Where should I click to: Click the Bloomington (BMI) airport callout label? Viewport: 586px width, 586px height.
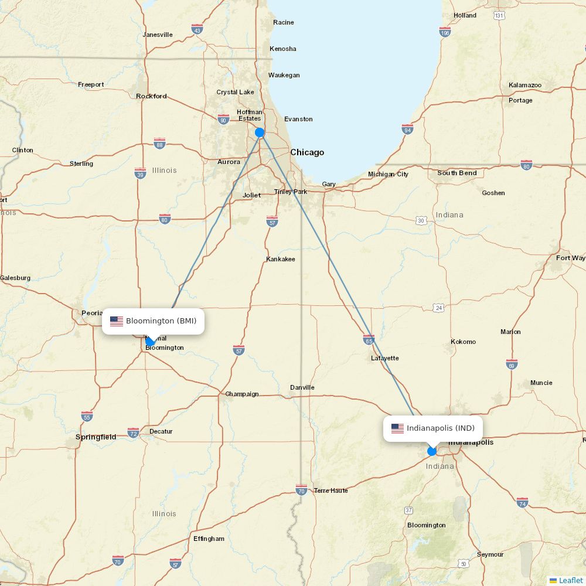[x=154, y=321]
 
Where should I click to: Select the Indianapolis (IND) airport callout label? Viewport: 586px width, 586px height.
[x=433, y=428]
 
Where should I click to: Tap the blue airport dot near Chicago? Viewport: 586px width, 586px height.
[x=260, y=132]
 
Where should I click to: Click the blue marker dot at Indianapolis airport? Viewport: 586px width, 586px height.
[x=432, y=451]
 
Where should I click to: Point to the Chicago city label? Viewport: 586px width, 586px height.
[x=307, y=152]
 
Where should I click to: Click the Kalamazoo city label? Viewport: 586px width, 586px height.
[x=525, y=86]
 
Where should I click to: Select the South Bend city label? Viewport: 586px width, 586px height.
[x=457, y=173]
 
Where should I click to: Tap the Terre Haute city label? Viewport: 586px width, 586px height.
[x=331, y=490]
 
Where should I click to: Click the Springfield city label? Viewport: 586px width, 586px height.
[x=96, y=437]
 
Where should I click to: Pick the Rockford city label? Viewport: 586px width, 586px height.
[x=151, y=96]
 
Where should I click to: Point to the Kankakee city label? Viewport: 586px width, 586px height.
[x=281, y=259]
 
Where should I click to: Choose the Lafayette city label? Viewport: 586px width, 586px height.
[x=384, y=358]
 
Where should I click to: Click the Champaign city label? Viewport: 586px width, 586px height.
[x=242, y=394]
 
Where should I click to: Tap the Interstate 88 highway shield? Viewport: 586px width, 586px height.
[x=159, y=144]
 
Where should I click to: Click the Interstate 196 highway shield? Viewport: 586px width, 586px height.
[x=445, y=32]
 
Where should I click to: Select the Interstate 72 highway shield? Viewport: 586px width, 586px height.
[x=134, y=432]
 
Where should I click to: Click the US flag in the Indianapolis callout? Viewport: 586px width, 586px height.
[x=398, y=428]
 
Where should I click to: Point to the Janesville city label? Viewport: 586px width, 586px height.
[x=158, y=35]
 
